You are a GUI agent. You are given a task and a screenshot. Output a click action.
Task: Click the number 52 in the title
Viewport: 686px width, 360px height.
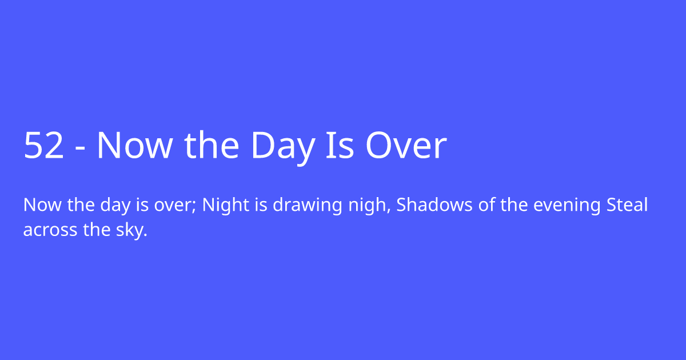click(x=43, y=146)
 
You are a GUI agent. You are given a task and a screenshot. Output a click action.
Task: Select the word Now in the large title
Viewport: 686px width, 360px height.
click(x=134, y=146)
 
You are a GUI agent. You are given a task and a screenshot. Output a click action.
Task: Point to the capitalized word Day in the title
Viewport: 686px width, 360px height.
click(x=282, y=146)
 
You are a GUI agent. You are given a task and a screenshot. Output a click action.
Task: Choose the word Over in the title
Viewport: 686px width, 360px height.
click(x=406, y=146)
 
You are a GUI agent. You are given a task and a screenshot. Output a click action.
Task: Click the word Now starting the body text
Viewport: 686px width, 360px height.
click(x=38, y=205)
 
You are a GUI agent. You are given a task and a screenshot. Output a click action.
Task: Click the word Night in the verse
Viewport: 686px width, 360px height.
click(x=221, y=205)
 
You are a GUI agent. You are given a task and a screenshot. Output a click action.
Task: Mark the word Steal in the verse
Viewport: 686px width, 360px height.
click(x=627, y=205)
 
